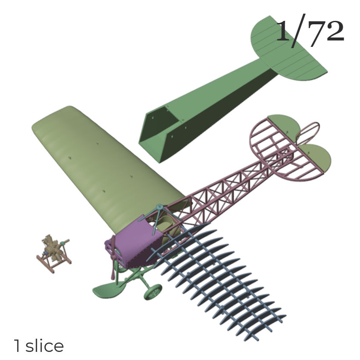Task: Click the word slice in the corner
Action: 45,346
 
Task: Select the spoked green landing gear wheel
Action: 153,292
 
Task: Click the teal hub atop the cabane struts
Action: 159,207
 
